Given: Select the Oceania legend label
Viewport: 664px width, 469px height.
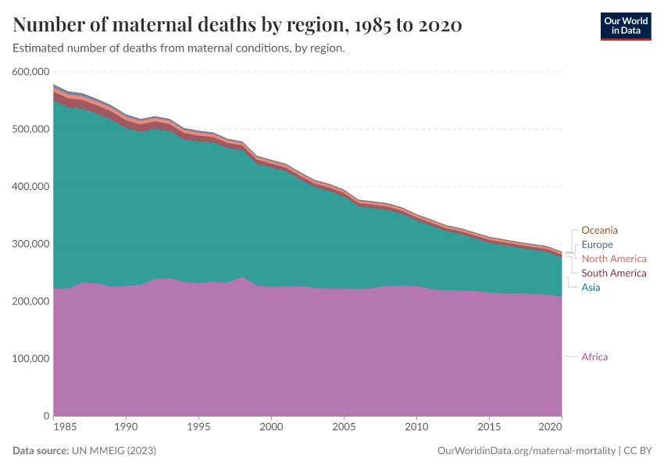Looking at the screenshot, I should coord(599,231).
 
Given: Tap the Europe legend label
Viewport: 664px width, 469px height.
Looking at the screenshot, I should coord(597,245).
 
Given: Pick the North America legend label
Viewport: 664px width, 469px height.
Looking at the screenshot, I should coord(614,259).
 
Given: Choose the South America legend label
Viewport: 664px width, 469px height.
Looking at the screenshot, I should coord(614,274).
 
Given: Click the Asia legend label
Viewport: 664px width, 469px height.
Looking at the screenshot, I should coord(591,288).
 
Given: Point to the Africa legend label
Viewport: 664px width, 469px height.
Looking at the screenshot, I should coord(594,357).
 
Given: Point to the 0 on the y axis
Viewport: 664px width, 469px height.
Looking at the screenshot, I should coord(46,416).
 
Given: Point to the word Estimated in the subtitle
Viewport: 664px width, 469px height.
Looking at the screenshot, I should coord(38,48).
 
